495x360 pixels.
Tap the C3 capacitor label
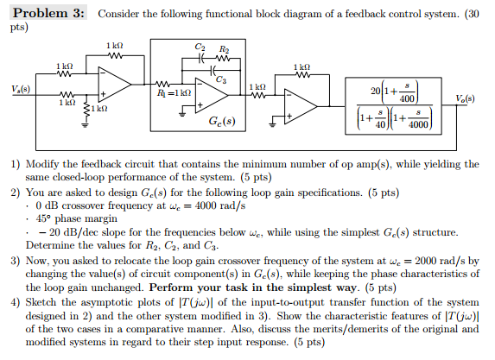(x=222, y=79)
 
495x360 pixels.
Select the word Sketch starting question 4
(x=46, y=303)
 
